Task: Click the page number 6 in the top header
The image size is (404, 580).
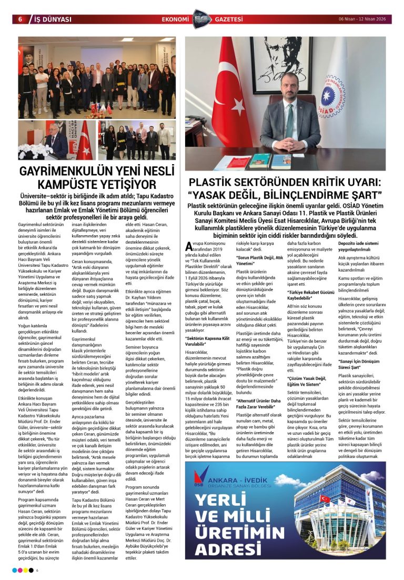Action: pyautogui.click(x=20, y=19)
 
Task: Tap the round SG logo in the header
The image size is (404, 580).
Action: pyautogui.click(x=201, y=18)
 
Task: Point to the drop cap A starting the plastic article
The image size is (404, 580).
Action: pyautogui.click(x=190, y=247)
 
